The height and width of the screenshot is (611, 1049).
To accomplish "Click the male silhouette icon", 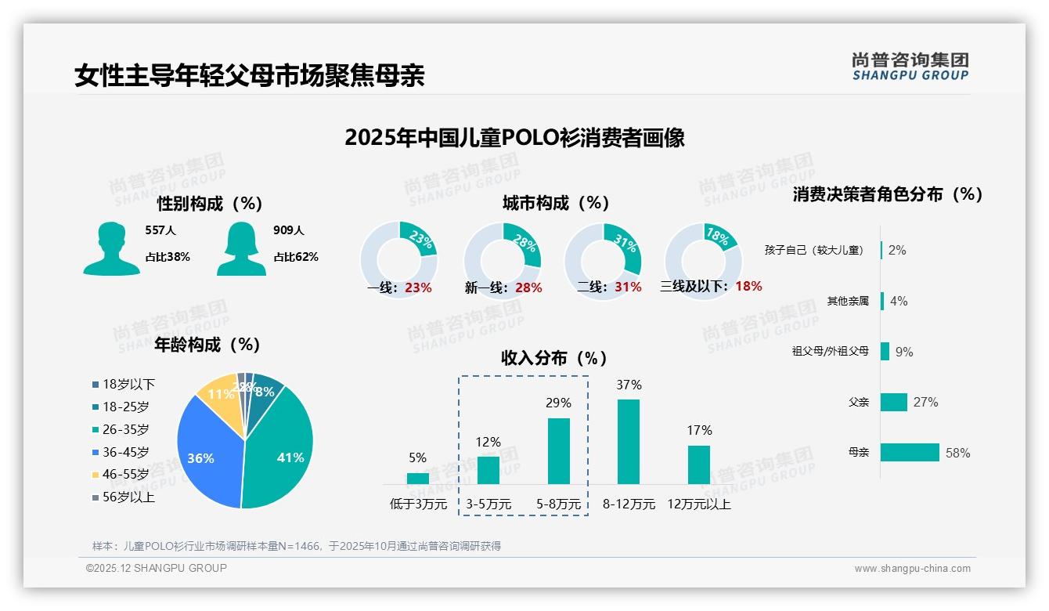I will point(111,248).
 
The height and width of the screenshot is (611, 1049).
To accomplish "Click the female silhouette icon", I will point(241,248).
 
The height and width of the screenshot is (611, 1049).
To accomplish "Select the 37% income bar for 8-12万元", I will point(629,442).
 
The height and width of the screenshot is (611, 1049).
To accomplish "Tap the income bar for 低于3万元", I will point(418,478).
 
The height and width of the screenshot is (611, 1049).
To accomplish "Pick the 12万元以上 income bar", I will point(699,465).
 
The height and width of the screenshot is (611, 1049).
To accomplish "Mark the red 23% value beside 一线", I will point(418,287).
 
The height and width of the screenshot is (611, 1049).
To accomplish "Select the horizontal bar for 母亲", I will point(910,453).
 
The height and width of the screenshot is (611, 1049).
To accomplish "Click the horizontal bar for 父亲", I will point(894,402).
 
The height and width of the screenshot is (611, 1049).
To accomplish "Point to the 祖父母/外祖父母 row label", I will point(831,352).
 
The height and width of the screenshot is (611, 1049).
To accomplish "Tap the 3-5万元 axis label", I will point(488,504).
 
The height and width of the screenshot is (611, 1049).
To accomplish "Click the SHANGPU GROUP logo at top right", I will point(910,67).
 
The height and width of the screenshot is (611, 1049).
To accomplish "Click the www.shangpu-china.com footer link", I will point(912,569).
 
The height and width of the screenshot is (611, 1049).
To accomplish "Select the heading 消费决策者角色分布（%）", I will point(888,194).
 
